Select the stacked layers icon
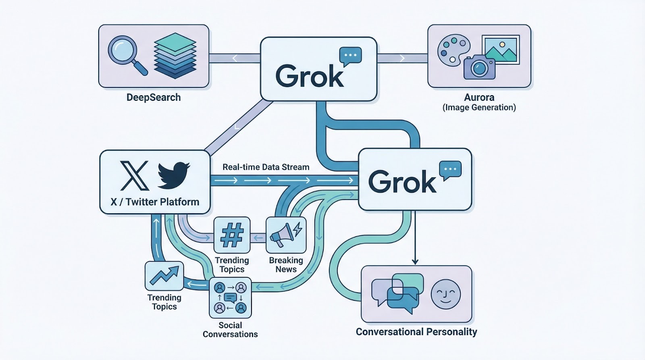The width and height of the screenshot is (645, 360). (x=175, y=56)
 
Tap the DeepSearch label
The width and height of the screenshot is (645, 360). (x=154, y=97)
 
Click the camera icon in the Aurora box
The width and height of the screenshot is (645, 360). (x=479, y=67)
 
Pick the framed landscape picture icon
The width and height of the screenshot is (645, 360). (x=501, y=49)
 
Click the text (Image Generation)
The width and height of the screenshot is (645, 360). (x=479, y=108)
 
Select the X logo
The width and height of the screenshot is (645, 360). (x=135, y=176)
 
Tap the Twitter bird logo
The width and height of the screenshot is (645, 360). (x=173, y=175)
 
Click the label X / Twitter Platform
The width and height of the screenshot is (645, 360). (x=155, y=202)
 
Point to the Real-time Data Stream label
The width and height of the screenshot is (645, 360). (x=266, y=167)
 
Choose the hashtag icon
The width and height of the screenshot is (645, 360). (x=232, y=235)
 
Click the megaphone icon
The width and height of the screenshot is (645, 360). (x=285, y=235)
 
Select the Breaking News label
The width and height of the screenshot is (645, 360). (x=286, y=265)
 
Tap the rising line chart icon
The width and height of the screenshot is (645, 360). (x=164, y=276)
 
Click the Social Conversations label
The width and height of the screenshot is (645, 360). (x=230, y=330)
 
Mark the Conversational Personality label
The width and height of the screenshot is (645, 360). (x=416, y=332)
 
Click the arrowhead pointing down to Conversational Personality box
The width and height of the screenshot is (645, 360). (x=415, y=262)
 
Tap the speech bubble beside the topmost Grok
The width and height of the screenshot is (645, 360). (x=350, y=56)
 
